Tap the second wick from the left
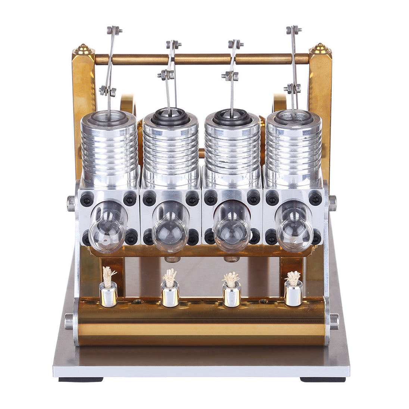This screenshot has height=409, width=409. (170, 277)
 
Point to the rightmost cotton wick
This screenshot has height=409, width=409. (293, 277)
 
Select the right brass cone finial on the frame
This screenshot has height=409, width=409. (320, 49)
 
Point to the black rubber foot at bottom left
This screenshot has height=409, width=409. (81, 380)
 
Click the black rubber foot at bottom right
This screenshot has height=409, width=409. (323, 380)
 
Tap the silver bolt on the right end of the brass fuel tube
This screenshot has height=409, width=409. (334, 321)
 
